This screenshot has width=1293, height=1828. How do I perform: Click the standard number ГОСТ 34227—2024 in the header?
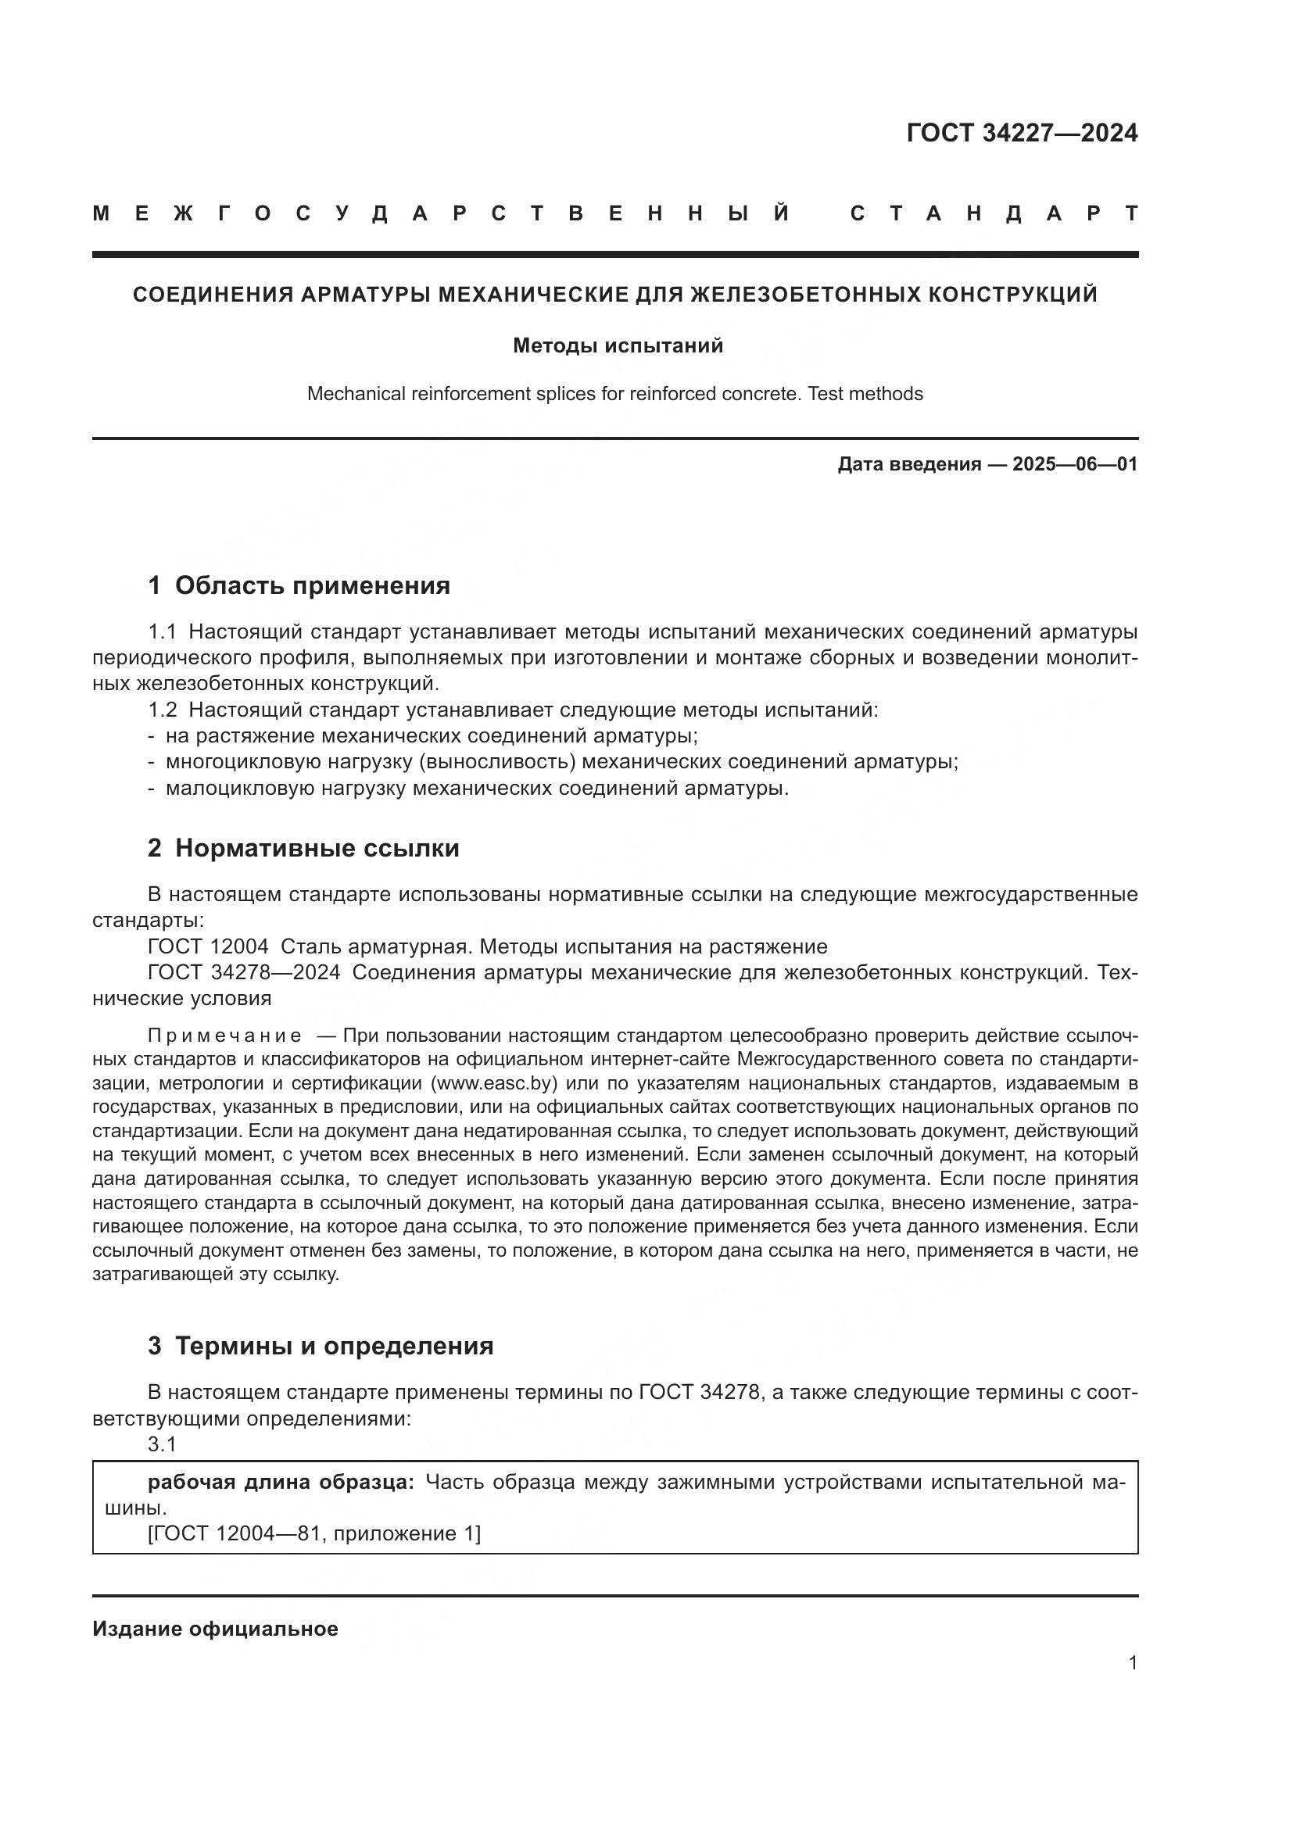click(x=1022, y=133)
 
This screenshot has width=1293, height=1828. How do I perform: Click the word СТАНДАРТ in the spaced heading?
click(x=994, y=213)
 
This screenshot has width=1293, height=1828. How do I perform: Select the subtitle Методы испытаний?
click(x=618, y=345)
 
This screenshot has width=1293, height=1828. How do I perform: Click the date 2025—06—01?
click(x=1075, y=464)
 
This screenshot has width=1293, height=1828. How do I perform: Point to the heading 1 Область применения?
click(x=299, y=585)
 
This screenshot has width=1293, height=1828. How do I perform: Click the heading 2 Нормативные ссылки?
click(x=303, y=848)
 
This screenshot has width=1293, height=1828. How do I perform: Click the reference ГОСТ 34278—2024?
click(x=244, y=972)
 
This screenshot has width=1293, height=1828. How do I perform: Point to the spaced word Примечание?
click(x=224, y=1036)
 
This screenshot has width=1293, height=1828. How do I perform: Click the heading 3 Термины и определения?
click(x=320, y=1346)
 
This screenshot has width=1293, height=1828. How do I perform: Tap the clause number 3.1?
click(x=162, y=1443)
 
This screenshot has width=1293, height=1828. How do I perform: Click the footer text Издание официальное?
click(x=215, y=1629)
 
